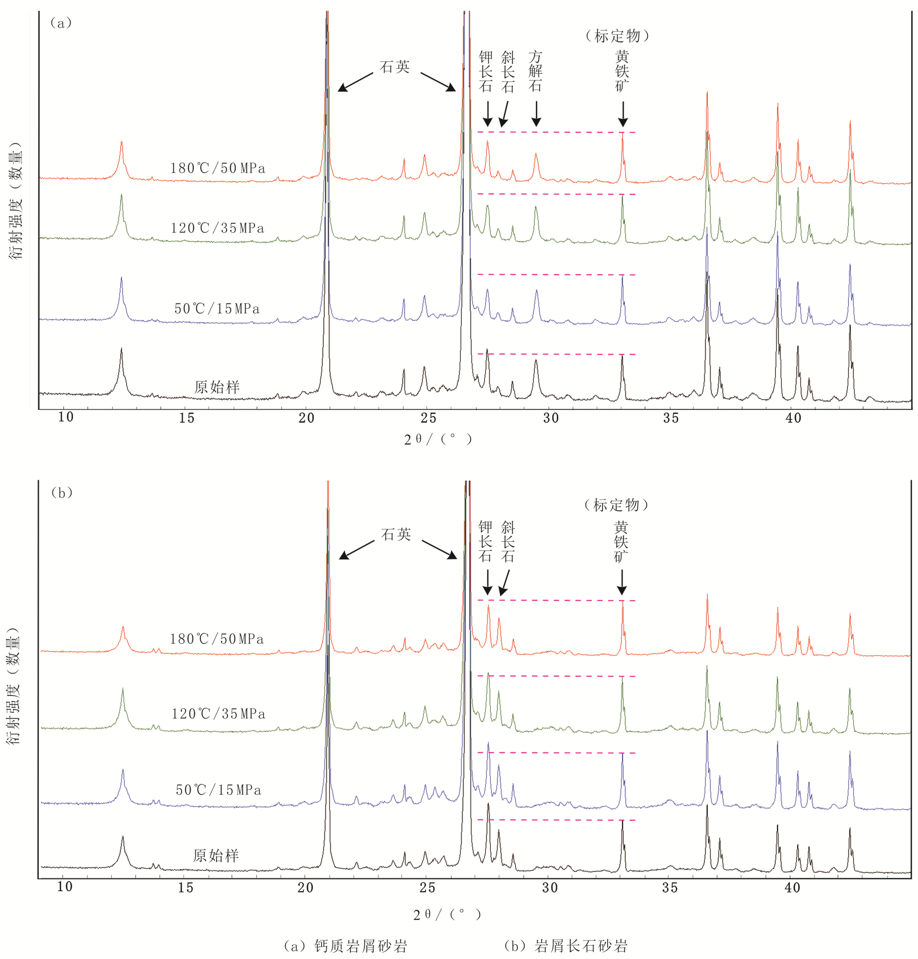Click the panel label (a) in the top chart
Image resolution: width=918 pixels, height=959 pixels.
tap(61, 23)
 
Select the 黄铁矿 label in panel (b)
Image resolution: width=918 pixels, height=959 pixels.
tap(621, 542)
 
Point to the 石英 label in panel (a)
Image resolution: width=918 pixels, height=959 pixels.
tap(395, 67)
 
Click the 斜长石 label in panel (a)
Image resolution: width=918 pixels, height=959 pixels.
tap(508, 72)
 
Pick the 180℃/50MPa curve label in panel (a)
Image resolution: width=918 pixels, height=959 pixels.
tap(218, 168)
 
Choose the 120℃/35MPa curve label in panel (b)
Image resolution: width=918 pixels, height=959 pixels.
tap(218, 714)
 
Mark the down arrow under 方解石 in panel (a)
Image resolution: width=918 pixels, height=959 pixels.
tap(536, 114)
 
